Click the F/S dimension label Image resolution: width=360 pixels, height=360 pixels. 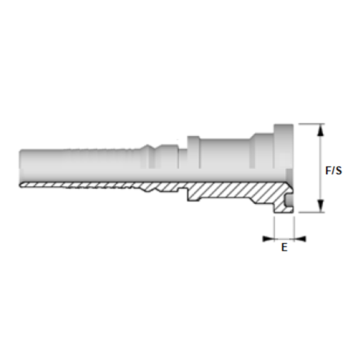tap(334, 170)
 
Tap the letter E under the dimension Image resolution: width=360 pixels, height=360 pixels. tap(284, 247)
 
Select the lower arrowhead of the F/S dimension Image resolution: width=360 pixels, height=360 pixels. tap(320, 206)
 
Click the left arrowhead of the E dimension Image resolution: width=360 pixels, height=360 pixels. tap(268, 239)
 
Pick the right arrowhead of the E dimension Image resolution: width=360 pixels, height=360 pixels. tap(300, 239)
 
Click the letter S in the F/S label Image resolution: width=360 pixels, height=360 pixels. tap(339, 170)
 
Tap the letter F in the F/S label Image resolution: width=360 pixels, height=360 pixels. tap(328, 170)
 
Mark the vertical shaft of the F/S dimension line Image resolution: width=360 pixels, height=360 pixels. tap(320, 168)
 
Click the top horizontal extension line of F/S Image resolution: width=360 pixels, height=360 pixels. tap(311, 124)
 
